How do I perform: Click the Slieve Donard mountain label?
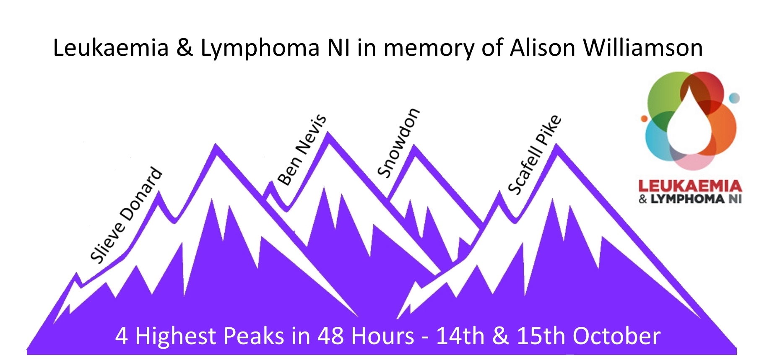126,215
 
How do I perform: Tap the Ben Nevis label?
302,150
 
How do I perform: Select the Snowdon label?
398,142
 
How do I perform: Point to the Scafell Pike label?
534,155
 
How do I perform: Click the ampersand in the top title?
185,48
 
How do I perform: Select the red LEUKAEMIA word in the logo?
690,186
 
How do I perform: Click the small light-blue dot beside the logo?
734,98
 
